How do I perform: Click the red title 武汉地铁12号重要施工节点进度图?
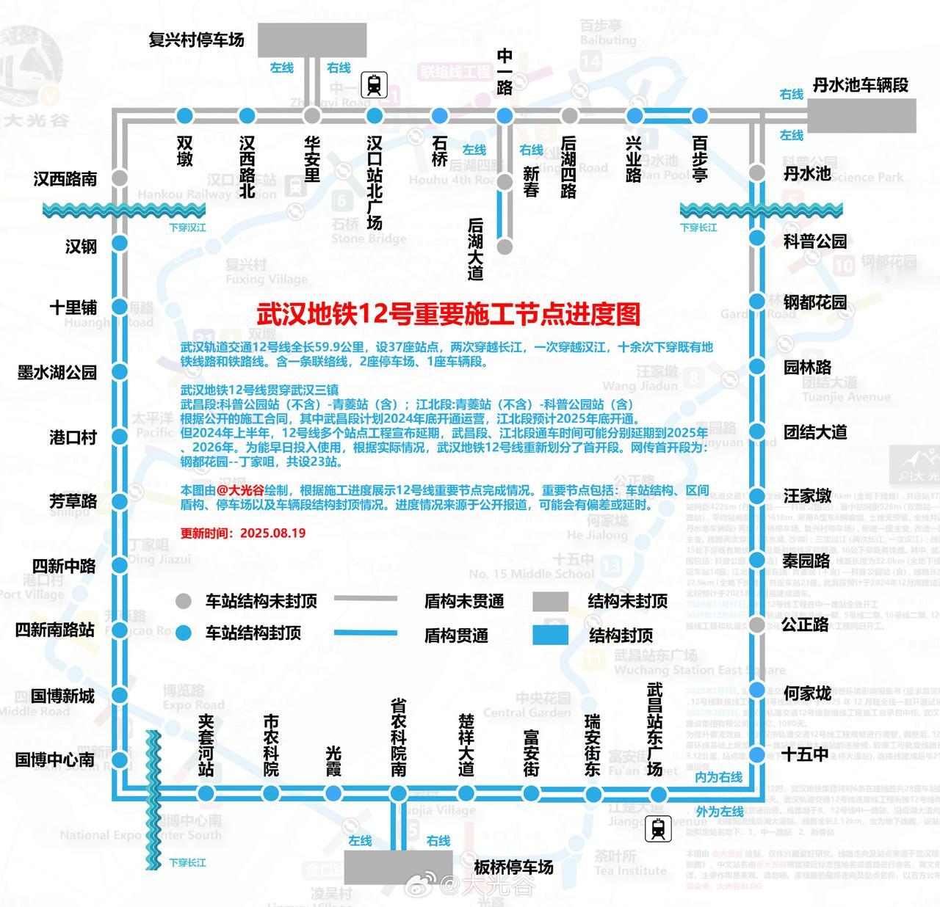pos(448,314)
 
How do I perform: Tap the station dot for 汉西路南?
pos(119,178)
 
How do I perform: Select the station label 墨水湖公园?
pos(57,372)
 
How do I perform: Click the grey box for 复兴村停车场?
pos(312,40)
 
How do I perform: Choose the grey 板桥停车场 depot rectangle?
pos(397,867)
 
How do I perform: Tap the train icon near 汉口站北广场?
pos(375,85)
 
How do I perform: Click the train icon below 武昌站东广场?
pos(658,829)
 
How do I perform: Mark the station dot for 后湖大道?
pos(504,247)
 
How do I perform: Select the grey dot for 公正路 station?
pos(756,624)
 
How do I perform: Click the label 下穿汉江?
pos(187,227)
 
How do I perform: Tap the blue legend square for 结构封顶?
pos(550,635)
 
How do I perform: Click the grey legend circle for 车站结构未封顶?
pos(184,601)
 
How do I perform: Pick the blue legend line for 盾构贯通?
pos(365,633)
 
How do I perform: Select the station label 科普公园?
pos(814,241)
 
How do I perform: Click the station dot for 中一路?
pos(505,115)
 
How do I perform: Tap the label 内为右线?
pos(719,777)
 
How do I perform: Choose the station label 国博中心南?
pos(55,760)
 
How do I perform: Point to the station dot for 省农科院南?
pos(398,793)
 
